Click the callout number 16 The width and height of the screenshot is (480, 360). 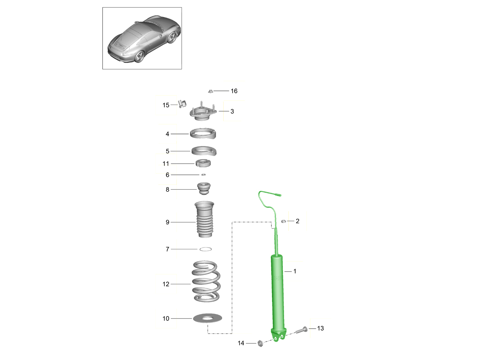pyautogui.click(x=234, y=91)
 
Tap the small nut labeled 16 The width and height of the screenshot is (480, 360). pyautogui.click(x=210, y=91)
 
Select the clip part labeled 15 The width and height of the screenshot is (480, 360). pyautogui.click(x=182, y=104)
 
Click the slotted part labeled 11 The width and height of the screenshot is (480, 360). pyautogui.click(x=203, y=163)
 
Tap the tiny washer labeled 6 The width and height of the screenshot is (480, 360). pyautogui.click(x=204, y=175)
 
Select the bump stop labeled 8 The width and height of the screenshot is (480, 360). pyautogui.click(x=204, y=188)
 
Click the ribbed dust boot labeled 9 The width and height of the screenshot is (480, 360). pyautogui.click(x=204, y=220)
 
